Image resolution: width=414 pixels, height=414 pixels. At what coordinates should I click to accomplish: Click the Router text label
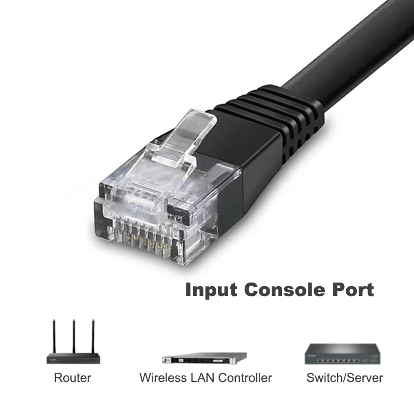point(72,378)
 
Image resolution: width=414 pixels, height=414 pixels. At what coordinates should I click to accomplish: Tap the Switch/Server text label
point(345,378)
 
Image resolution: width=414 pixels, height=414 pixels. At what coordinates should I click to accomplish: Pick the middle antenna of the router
point(73,336)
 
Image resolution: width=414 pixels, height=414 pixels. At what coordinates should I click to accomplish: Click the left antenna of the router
point(54,336)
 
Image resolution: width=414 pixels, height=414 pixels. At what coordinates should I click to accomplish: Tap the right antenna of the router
point(94,336)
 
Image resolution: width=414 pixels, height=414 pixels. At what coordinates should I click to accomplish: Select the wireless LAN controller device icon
point(204,358)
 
